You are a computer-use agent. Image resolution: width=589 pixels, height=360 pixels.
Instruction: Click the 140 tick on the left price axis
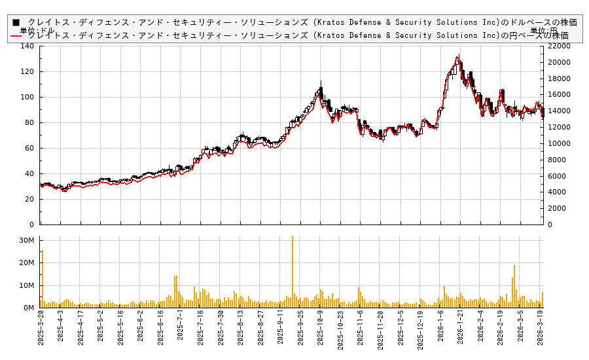pos(27,46)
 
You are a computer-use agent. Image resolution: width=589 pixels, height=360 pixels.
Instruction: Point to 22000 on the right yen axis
pos(557,46)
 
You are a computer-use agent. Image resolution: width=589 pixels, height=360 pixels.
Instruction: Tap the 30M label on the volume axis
pos(26,241)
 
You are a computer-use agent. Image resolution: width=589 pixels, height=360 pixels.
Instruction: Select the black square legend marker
pos(16,22)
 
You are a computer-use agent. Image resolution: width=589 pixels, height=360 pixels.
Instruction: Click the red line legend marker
pos(16,35)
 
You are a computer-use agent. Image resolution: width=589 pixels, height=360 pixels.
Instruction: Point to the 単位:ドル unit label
pos(37,31)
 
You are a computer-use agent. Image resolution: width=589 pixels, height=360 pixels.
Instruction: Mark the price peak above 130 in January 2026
pos(459,56)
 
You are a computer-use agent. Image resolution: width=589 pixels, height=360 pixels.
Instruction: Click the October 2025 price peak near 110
pos(321,82)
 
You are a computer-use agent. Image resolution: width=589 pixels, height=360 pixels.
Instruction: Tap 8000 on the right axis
pos(554,160)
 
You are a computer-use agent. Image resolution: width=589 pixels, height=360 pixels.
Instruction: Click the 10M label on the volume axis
pos(26,285)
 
